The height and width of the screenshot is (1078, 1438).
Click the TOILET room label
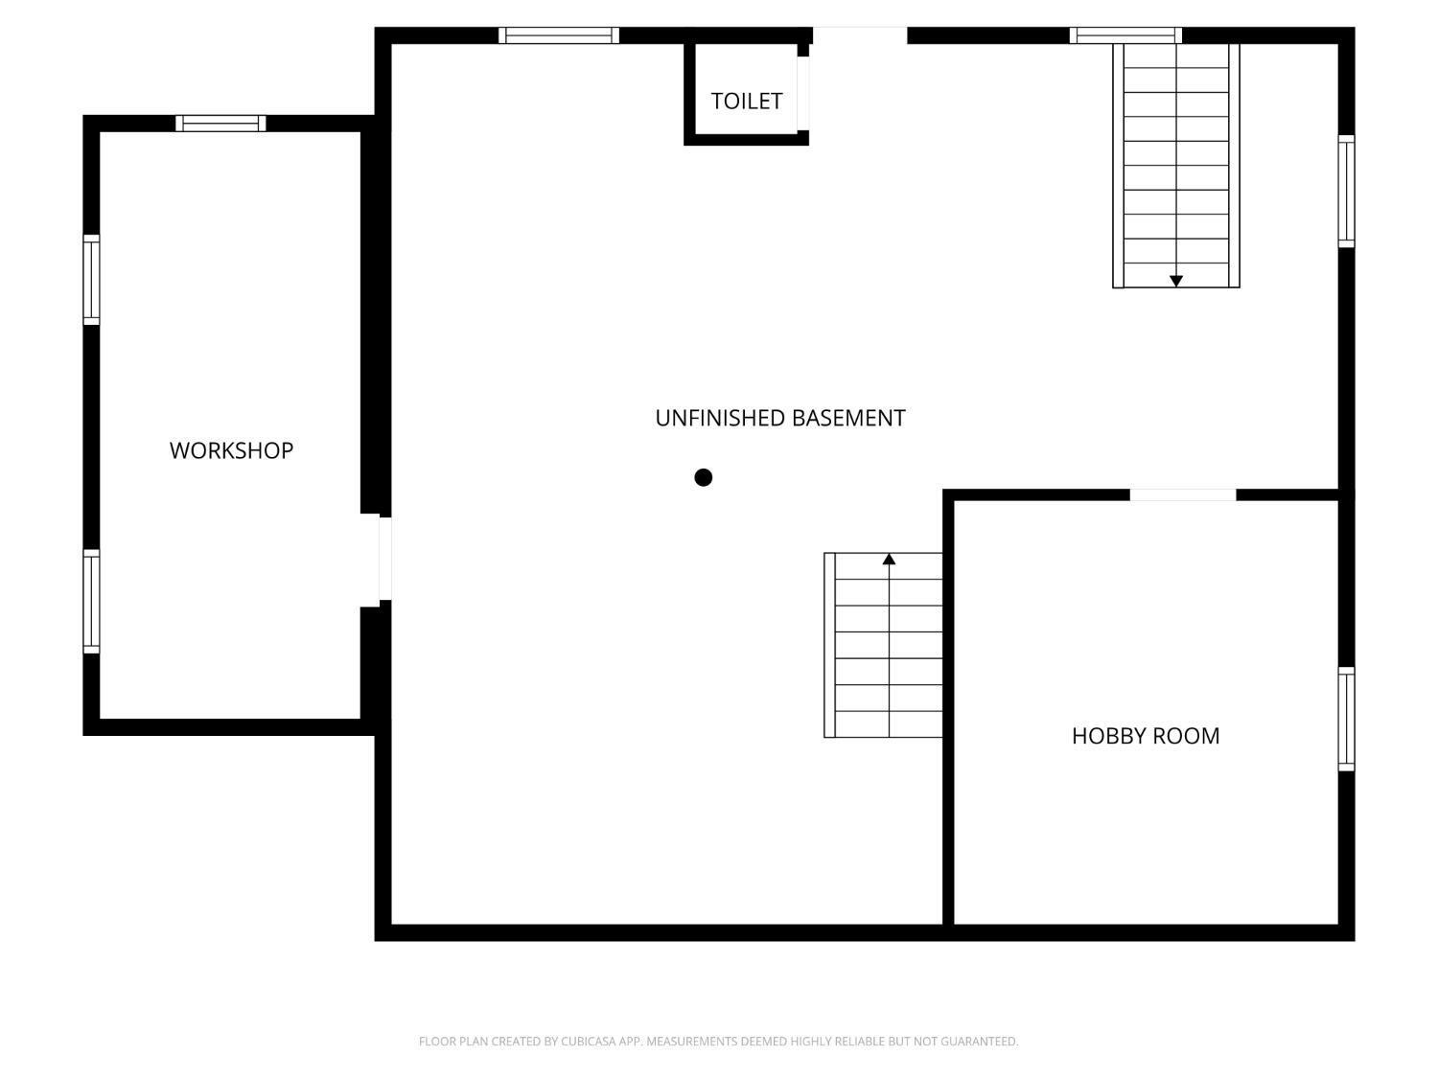point(746,102)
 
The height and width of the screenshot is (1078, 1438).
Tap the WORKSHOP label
point(231,450)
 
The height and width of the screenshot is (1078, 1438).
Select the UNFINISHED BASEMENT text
point(780,418)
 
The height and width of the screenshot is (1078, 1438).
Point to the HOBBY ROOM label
point(1146,736)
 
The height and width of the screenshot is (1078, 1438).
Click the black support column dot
point(703,478)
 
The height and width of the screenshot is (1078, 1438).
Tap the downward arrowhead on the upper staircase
point(1176,281)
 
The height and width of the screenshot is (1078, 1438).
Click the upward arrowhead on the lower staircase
point(889,559)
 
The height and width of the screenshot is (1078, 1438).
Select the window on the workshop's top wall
point(220,123)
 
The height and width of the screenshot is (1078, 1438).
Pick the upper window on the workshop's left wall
point(92,280)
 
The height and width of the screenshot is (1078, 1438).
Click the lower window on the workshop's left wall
point(92,601)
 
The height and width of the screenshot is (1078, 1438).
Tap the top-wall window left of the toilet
point(559,35)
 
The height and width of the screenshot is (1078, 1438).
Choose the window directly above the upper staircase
point(1125,35)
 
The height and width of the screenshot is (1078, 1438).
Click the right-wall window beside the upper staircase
point(1346,191)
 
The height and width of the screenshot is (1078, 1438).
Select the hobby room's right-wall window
point(1346,719)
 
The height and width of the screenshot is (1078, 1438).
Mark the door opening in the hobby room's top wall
point(1183,494)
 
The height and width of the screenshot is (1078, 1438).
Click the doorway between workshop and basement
point(385,559)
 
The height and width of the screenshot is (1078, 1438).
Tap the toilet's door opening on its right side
point(803,93)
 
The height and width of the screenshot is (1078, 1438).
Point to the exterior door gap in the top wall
point(860,35)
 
